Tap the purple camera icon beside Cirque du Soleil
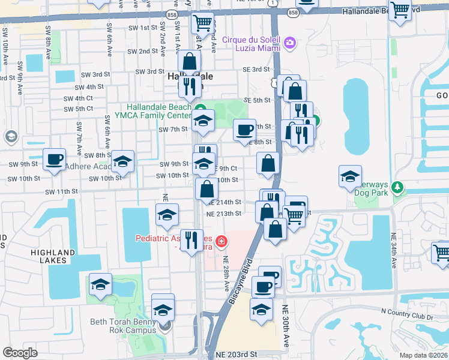pos(290,42)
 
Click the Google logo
pos(20,353)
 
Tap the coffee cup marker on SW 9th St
pos(55,160)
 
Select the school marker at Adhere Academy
pos(122,163)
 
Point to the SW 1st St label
pos(140,28)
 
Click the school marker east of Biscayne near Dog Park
pos(350,177)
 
